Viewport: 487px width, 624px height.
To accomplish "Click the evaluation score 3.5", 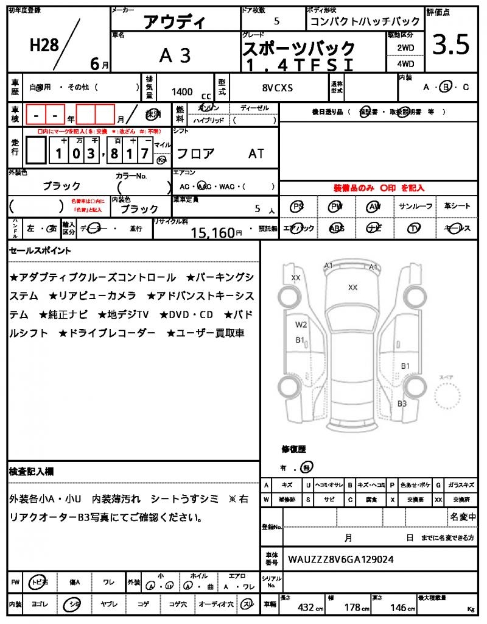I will point(450,45).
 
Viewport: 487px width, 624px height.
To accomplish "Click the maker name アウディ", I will point(175,23).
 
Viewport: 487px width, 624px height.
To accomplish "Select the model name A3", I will point(175,55).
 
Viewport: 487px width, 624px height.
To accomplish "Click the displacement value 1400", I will point(182,91).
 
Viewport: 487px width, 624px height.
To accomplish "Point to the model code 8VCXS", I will point(278,88).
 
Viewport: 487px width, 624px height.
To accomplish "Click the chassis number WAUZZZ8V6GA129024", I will point(340,558).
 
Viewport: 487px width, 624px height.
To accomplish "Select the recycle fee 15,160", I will point(212,232).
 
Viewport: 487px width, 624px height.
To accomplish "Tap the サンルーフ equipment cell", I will point(416,207).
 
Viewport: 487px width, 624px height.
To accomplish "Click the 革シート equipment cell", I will point(457,207).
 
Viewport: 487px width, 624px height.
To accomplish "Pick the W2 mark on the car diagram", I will point(301,324).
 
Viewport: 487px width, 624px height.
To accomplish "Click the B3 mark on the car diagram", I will point(402,403).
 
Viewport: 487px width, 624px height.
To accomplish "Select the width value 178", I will point(351,608).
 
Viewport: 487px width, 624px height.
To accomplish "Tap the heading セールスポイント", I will point(40,250).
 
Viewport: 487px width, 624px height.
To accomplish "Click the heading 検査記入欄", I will point(32,472).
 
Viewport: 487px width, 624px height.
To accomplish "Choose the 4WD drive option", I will point(405,63).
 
